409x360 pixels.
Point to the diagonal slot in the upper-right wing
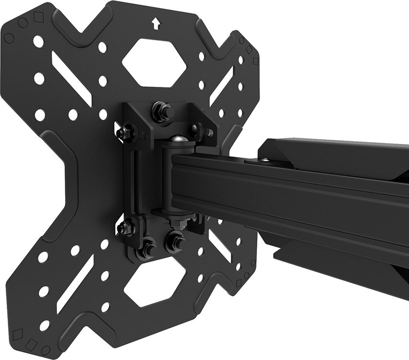click(222, 85)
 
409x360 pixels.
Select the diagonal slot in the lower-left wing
click(75, 283)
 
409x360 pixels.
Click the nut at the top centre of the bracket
click(161, 112)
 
